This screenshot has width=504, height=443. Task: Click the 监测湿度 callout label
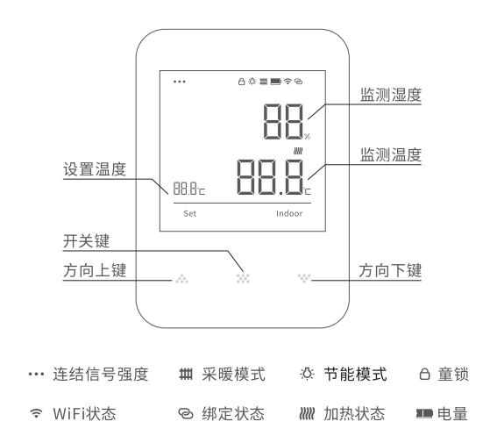coord(391,95)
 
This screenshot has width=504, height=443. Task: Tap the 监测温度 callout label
coord(391,155)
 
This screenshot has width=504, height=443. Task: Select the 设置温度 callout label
coord(95,169)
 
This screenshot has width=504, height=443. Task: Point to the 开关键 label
coord(87,241)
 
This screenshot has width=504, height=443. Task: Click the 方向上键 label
coord(95,270)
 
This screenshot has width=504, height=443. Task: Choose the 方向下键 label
coord(390,270)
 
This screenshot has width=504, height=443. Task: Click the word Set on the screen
coord(189,214)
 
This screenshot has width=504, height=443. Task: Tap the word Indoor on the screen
coord(289,214)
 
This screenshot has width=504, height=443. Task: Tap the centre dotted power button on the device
coord(243,279)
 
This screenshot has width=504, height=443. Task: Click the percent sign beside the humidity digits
coord(308,136)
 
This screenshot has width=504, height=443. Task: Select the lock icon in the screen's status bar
coord(241,82)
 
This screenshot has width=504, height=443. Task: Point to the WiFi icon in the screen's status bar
coord(287,82)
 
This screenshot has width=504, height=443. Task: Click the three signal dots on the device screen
coord(180,82)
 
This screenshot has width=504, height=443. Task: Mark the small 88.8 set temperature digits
coord(185,189)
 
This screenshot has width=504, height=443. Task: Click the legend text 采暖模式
coord(234,375)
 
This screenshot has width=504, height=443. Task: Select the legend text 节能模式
coord(356,375)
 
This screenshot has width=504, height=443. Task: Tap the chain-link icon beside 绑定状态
coord(186,414)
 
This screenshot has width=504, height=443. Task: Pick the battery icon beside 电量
coord(424,414)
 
